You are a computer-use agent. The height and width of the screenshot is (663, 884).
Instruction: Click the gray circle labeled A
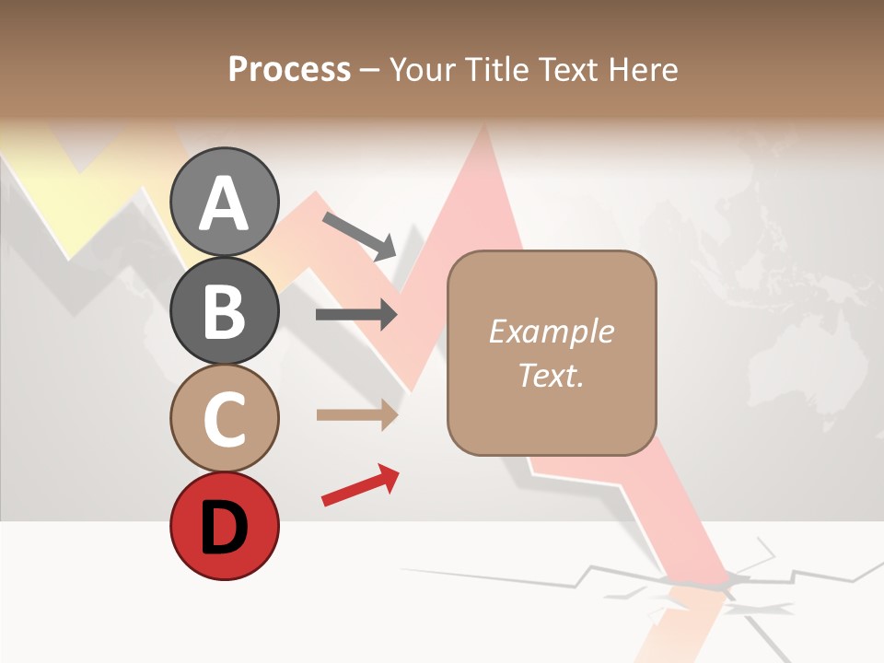225,202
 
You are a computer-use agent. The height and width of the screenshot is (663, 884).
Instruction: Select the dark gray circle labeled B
225,310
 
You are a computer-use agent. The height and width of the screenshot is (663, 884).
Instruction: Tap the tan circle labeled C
225,418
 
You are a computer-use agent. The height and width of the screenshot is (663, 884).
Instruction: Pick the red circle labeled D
225,526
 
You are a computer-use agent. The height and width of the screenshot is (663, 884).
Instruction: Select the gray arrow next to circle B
356,315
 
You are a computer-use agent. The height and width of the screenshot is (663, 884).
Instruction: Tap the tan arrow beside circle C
356,414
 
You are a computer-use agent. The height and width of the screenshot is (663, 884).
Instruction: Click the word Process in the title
289,69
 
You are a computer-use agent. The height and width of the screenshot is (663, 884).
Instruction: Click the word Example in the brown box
551,331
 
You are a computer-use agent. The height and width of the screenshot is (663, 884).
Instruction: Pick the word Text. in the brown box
551,375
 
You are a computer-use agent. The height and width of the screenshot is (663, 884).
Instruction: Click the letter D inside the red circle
225,528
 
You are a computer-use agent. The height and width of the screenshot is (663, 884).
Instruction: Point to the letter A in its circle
225,204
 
